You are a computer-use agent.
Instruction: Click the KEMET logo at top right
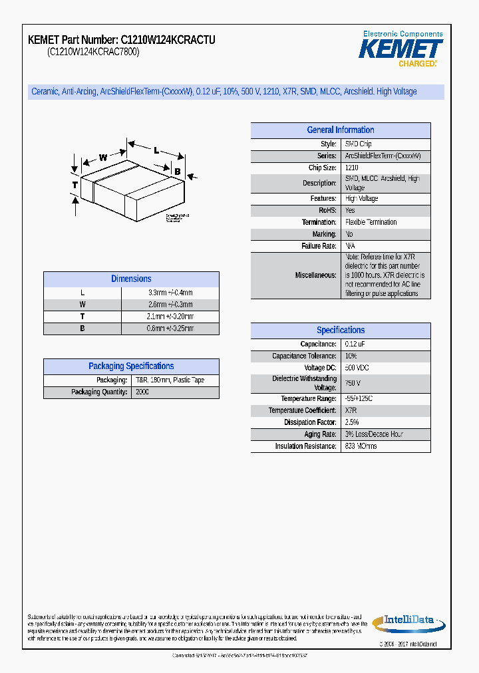[x=400, y=49]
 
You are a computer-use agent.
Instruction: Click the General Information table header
[x=340, y=130]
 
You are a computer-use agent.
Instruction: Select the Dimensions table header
[x=131, y=279]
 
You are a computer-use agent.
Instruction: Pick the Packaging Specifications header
[x=131, y=366]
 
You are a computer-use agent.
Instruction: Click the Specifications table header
[x=340, y=331]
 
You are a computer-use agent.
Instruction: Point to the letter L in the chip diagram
[x=156, y=150]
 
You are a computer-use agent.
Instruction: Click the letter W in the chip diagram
[x=103, y=158]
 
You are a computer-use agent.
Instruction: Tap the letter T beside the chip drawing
[x=75, y=184]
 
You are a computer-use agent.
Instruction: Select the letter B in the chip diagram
[x=177, y=172]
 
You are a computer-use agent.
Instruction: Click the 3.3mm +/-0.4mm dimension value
[x=170, y=293]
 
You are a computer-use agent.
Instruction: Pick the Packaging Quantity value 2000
[x=142, y=392]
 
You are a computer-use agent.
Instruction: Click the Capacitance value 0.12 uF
[x=355, y=344]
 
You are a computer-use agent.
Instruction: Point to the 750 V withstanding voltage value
[x=353, y=384]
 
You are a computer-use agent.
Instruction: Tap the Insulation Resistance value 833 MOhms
[x=361, y=446]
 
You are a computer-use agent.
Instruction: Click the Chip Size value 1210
[x=352, y=168]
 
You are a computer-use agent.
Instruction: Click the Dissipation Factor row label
[x=310, y=422]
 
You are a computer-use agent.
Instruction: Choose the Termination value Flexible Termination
[x=371, y=222]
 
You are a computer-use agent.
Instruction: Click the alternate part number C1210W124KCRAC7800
[x=93, y=53]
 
